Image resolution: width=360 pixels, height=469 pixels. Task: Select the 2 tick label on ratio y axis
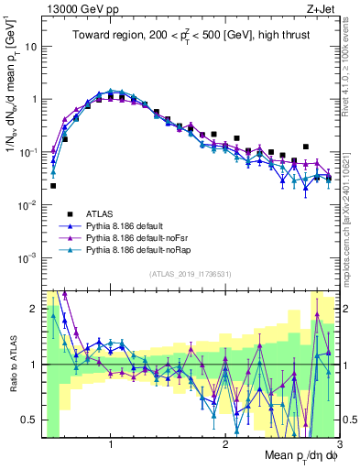coord(32,309)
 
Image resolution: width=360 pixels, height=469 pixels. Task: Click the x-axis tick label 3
coord(339,444)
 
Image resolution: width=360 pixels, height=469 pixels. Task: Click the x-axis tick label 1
coord(111,444)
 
